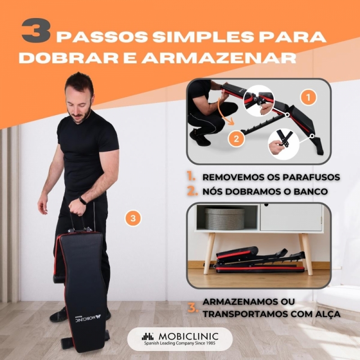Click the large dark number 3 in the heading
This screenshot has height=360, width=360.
point(36,31)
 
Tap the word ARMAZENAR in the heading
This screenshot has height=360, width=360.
point(218,58)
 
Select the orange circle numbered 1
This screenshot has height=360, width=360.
point(308,97)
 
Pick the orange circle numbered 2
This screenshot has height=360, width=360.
point(236,139)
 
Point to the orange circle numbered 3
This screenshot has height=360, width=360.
point(133,218)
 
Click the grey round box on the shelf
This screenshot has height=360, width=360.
point(224,219)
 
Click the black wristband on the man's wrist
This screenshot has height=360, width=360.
point(83,200)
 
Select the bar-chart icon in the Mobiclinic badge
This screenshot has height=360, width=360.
point(148,336)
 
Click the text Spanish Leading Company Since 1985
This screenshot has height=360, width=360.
point(180,343)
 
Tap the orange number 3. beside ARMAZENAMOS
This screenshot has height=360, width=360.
point(193,308)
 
